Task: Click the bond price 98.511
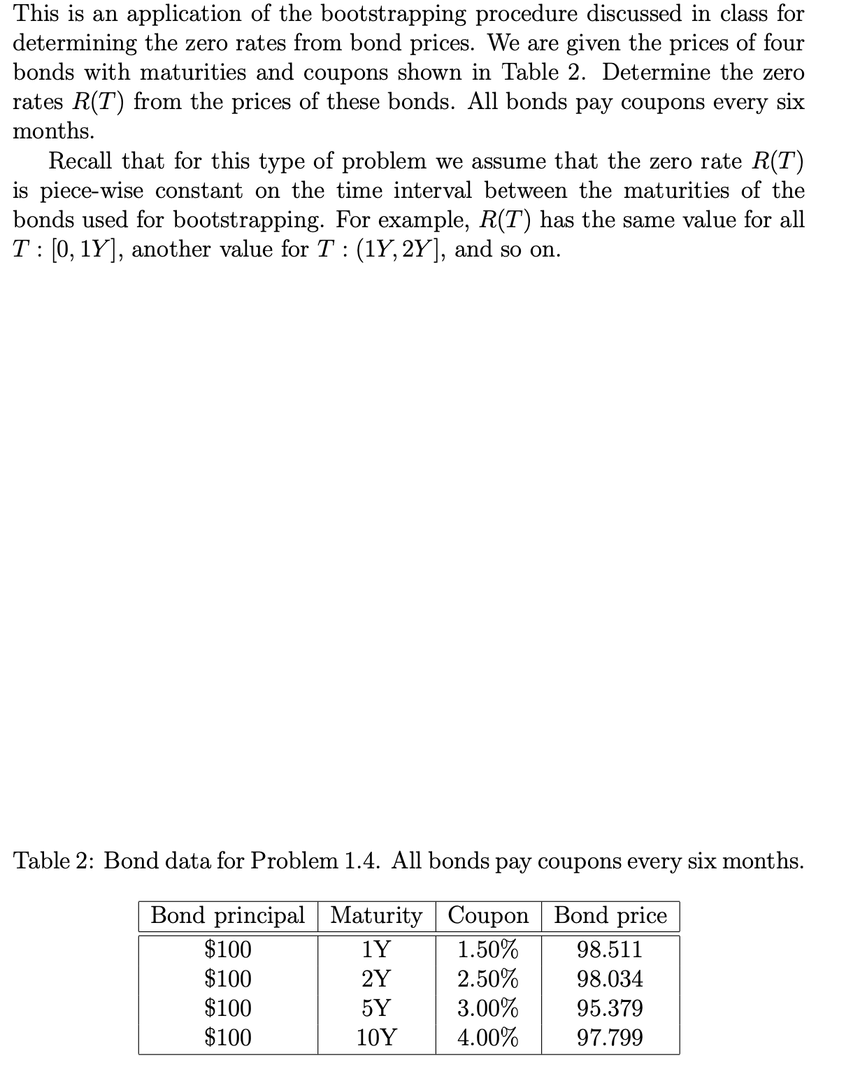(610, 950)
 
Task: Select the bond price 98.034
(610, 979)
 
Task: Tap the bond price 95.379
(610, 1008)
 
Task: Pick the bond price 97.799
(610, 1037)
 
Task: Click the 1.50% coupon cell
(488, 950)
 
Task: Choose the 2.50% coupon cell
(488, 979)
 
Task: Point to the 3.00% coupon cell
(488, 1008)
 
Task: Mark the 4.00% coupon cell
(488, 1037)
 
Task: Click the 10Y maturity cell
(376, 1037)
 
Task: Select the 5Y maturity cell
(376, 1008)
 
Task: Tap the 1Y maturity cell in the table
(376, 950)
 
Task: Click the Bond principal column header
(228, 916)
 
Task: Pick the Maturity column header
(376, 916)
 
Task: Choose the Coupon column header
(488, 916)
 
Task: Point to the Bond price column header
(610, 916)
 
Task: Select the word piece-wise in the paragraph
(92, 191)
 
